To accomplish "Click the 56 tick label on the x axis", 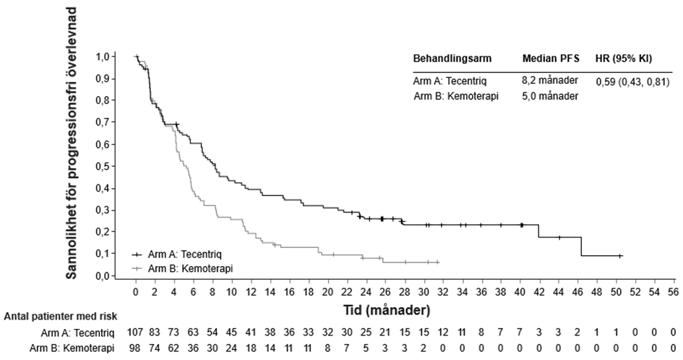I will [x=672, y=292].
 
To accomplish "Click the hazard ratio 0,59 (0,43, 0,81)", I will [x=627, y=82].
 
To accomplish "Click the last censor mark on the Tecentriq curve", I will [x=620, y=256].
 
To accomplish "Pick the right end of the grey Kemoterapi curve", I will [x=439, y=262].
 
